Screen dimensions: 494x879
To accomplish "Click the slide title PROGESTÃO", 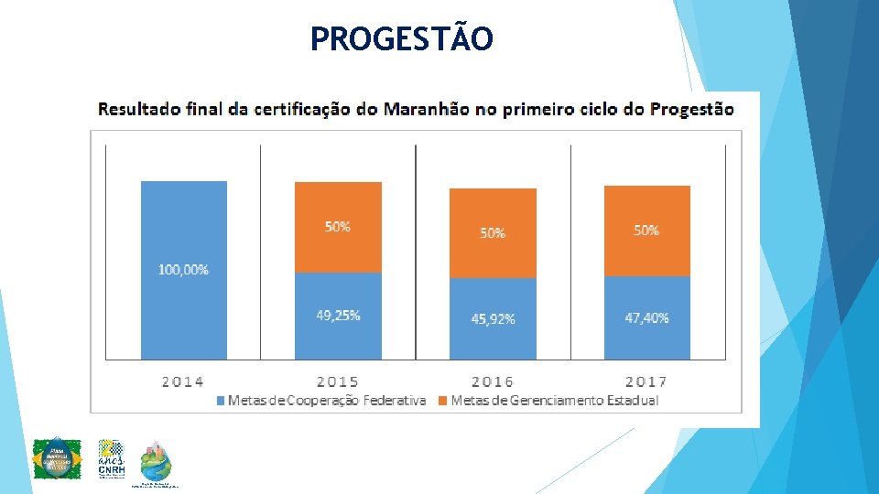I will click(401, 38).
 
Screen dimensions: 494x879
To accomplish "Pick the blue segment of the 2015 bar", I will click(337, 334).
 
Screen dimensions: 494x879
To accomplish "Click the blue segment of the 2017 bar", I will click(646, 338).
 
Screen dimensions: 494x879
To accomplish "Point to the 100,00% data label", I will click(183, 270).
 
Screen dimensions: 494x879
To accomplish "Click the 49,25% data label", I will click(338, 316).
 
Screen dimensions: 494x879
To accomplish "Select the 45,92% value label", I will click(493, 319).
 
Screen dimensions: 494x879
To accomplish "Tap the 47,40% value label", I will click(646, 318).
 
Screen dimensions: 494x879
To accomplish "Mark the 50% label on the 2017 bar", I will click(646, 231).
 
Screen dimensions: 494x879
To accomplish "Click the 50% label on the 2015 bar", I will click(338, 227).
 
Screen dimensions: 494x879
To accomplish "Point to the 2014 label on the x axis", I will click(183, 381).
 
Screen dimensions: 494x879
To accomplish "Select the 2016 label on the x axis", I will click(493, 381).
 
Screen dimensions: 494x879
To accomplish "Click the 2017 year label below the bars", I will click(646, 381).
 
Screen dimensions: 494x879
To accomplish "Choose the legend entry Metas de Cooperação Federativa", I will click(325, 401).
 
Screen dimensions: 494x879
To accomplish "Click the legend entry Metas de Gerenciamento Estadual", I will click(553, 401).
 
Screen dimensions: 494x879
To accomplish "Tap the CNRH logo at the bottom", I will click(111, 457).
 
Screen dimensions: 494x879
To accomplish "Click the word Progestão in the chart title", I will click(691, 110).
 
